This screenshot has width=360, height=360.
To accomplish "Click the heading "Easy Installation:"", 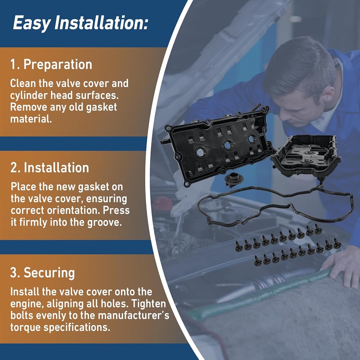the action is (x=80, y=23).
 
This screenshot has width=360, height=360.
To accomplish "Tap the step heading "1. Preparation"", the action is (x=51, y=64).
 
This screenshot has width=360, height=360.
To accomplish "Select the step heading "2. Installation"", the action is (x=50, y=168).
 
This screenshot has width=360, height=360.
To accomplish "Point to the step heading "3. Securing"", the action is (x=42, y=273).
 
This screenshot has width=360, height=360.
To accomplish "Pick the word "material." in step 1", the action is (x=31, y=119).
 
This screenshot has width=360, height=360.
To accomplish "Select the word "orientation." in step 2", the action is (x=76, y=211).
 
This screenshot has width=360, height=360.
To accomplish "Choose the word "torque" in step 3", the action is (x=25, y=327).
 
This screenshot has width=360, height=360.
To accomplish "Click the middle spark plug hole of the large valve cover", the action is (x=228, y=144).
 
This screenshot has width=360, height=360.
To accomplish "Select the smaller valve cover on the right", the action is (x=306, y=154).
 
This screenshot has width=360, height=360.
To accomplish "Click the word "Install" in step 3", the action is (x=24, y=292).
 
